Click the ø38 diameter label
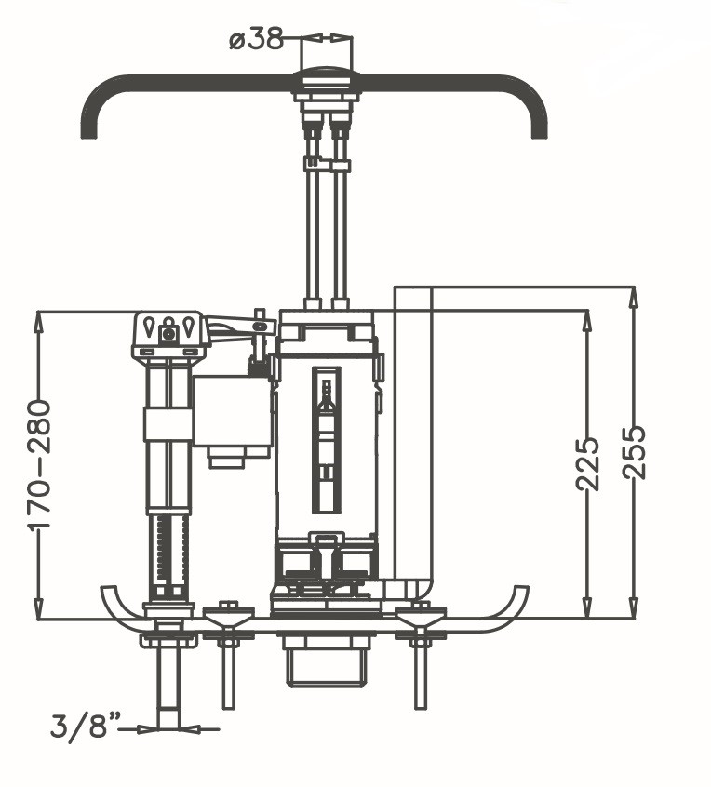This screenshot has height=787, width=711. point(255,40)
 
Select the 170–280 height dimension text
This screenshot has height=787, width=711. point(39,464)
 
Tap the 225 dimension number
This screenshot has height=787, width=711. point(586,463)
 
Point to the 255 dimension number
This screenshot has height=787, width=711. point(634,452)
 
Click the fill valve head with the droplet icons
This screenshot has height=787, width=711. point(168,332)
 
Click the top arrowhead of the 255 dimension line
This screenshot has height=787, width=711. point(634,294)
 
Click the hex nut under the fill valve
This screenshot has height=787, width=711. point(168,640)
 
